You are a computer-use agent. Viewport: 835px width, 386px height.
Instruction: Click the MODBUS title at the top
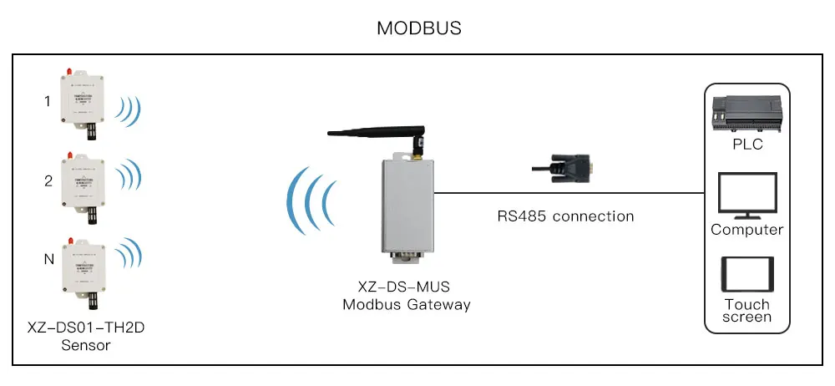coord(418,28)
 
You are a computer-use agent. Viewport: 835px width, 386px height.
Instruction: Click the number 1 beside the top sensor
coord(48,103)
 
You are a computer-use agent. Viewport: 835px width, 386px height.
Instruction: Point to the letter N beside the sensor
coord(48,260)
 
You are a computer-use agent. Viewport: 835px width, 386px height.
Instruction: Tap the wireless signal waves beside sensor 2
coord(129,178)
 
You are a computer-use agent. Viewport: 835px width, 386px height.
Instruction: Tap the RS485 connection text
coord(566,216)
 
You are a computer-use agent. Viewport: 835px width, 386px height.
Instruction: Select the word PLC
coord(747,144)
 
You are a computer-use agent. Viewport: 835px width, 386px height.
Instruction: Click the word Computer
coord(747,230)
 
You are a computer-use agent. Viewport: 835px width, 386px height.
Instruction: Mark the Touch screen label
coord(747,310)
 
